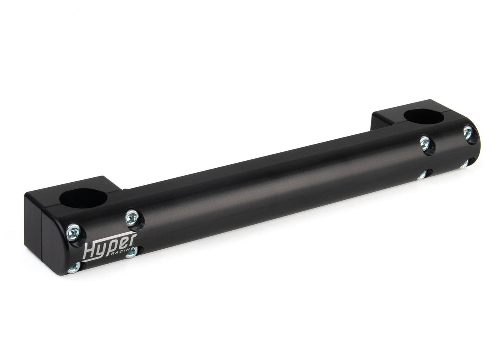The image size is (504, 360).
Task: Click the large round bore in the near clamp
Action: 83,198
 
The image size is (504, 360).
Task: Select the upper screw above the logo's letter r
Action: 132,217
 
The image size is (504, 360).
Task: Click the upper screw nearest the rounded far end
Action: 468,132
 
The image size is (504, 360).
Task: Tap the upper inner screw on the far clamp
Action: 424,142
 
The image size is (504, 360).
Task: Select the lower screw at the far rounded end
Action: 465,165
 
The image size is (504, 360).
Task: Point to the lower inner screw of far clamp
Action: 422,175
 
